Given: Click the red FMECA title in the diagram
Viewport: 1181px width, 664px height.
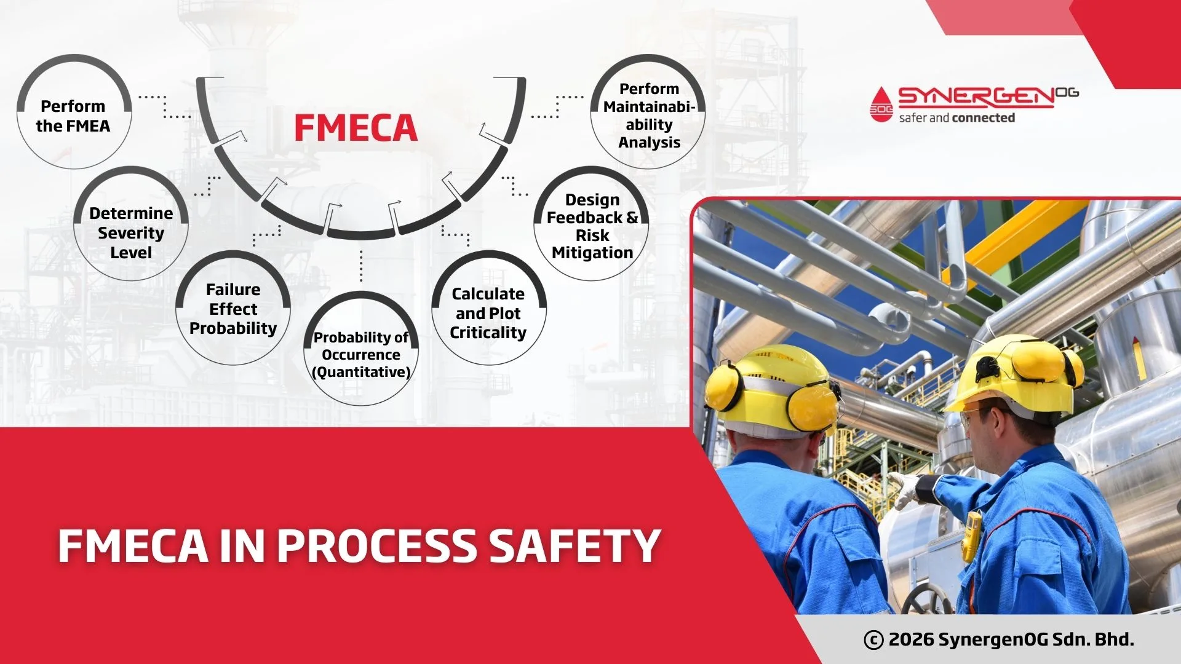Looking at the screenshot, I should pos(356,128).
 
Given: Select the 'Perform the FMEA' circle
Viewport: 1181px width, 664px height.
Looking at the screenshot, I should pos(73,116).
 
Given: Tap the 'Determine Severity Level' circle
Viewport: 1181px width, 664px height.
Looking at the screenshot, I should pos(130,232).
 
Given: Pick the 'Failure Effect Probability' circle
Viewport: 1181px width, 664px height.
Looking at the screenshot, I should pos(233,308).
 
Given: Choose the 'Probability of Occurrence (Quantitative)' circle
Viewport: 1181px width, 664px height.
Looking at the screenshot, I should pos(361,354).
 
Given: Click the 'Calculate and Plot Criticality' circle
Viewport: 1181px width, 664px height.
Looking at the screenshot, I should pos(488,312).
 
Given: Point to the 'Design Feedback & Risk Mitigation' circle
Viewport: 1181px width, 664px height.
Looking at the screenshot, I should pos(592,226).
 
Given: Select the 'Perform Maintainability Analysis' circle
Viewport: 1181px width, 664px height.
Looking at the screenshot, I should pos(648,115).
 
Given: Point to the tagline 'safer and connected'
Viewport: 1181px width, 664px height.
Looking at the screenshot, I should pos(956,118).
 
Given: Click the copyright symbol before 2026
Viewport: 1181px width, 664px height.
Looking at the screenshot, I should pos(873,640).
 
